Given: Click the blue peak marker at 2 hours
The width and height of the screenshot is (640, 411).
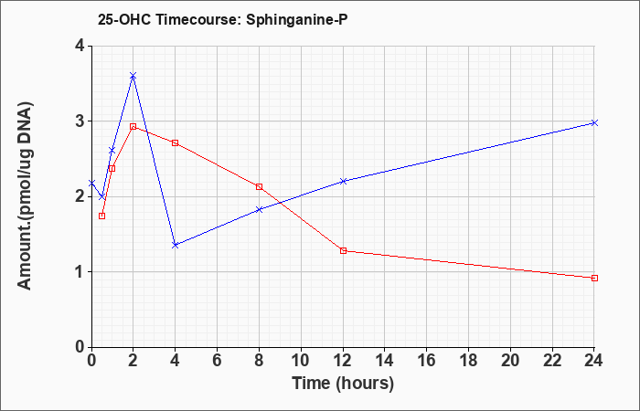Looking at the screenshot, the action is click(133, 76).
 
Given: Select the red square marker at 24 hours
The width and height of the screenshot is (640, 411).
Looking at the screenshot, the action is click(594, 278).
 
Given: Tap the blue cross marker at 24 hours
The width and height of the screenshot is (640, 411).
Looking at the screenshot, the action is click(594, 122).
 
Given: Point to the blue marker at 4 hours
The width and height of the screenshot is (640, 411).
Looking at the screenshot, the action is click(176, 245).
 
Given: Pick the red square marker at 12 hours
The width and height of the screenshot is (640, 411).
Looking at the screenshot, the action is click(343, 251).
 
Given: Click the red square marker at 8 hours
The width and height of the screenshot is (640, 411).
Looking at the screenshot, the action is click(259, 186).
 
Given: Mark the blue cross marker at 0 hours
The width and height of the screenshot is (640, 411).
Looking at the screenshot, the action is click(91, 183).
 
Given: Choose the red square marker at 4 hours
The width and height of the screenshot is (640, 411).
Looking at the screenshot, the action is click(176, 142).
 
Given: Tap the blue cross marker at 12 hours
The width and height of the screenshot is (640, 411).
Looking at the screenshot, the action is click(343, 181).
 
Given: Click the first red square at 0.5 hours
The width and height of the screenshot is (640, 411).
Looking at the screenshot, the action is click(102, 216).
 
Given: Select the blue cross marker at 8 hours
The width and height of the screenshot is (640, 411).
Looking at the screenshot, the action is click(259, 209).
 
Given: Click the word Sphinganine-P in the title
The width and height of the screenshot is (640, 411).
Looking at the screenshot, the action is click(297, 19).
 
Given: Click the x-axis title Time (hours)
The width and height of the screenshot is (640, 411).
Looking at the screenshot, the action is click(343, 384).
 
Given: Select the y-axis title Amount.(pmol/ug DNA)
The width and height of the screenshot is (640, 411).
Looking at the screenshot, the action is click(26, 195).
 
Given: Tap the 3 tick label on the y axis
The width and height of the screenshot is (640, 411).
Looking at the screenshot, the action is click(80, 121).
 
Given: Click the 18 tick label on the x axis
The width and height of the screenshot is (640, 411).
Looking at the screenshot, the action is click(469, 361).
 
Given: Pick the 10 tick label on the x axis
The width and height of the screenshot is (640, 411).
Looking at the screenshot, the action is click(301, 361).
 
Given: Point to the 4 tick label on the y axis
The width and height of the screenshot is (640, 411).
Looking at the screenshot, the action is click(80, 46).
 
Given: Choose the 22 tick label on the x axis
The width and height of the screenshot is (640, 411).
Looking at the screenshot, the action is click(552, 361).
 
